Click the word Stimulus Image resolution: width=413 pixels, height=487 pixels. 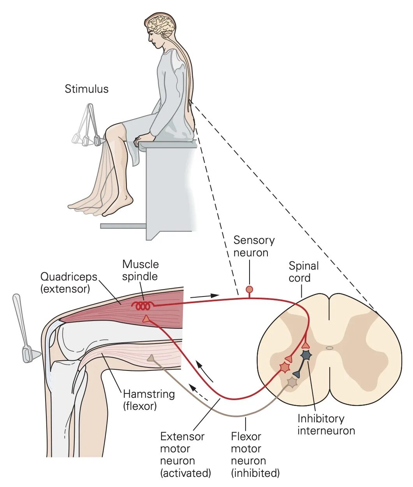[x=86, y=89]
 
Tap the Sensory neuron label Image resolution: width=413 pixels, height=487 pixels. [x=253, y=246]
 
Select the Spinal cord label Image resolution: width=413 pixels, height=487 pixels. [x=303, y=272]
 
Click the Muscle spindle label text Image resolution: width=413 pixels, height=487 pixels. [x=141, y=270]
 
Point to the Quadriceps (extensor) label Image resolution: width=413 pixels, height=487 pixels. [x=69, y=283]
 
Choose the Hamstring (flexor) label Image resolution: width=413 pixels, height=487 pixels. [x=149, y=400]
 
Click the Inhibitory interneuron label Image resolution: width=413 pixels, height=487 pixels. [x=326, y=425]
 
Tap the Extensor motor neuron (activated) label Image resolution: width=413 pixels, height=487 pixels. [x=185, y=455]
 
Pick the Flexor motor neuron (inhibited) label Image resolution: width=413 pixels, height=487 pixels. [x=255, y=455]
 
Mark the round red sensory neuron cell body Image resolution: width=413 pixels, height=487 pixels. [x=250, y=289]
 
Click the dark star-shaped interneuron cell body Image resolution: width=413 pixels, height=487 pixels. [x=306, y=355]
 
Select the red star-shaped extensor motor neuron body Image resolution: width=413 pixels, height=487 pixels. [x=285, y=367]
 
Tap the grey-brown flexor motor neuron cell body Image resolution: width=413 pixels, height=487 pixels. [x=292, y=382]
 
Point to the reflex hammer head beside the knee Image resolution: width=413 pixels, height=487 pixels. [x=29, y=354]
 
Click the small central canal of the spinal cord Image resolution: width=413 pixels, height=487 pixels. [x=329, y=348]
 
